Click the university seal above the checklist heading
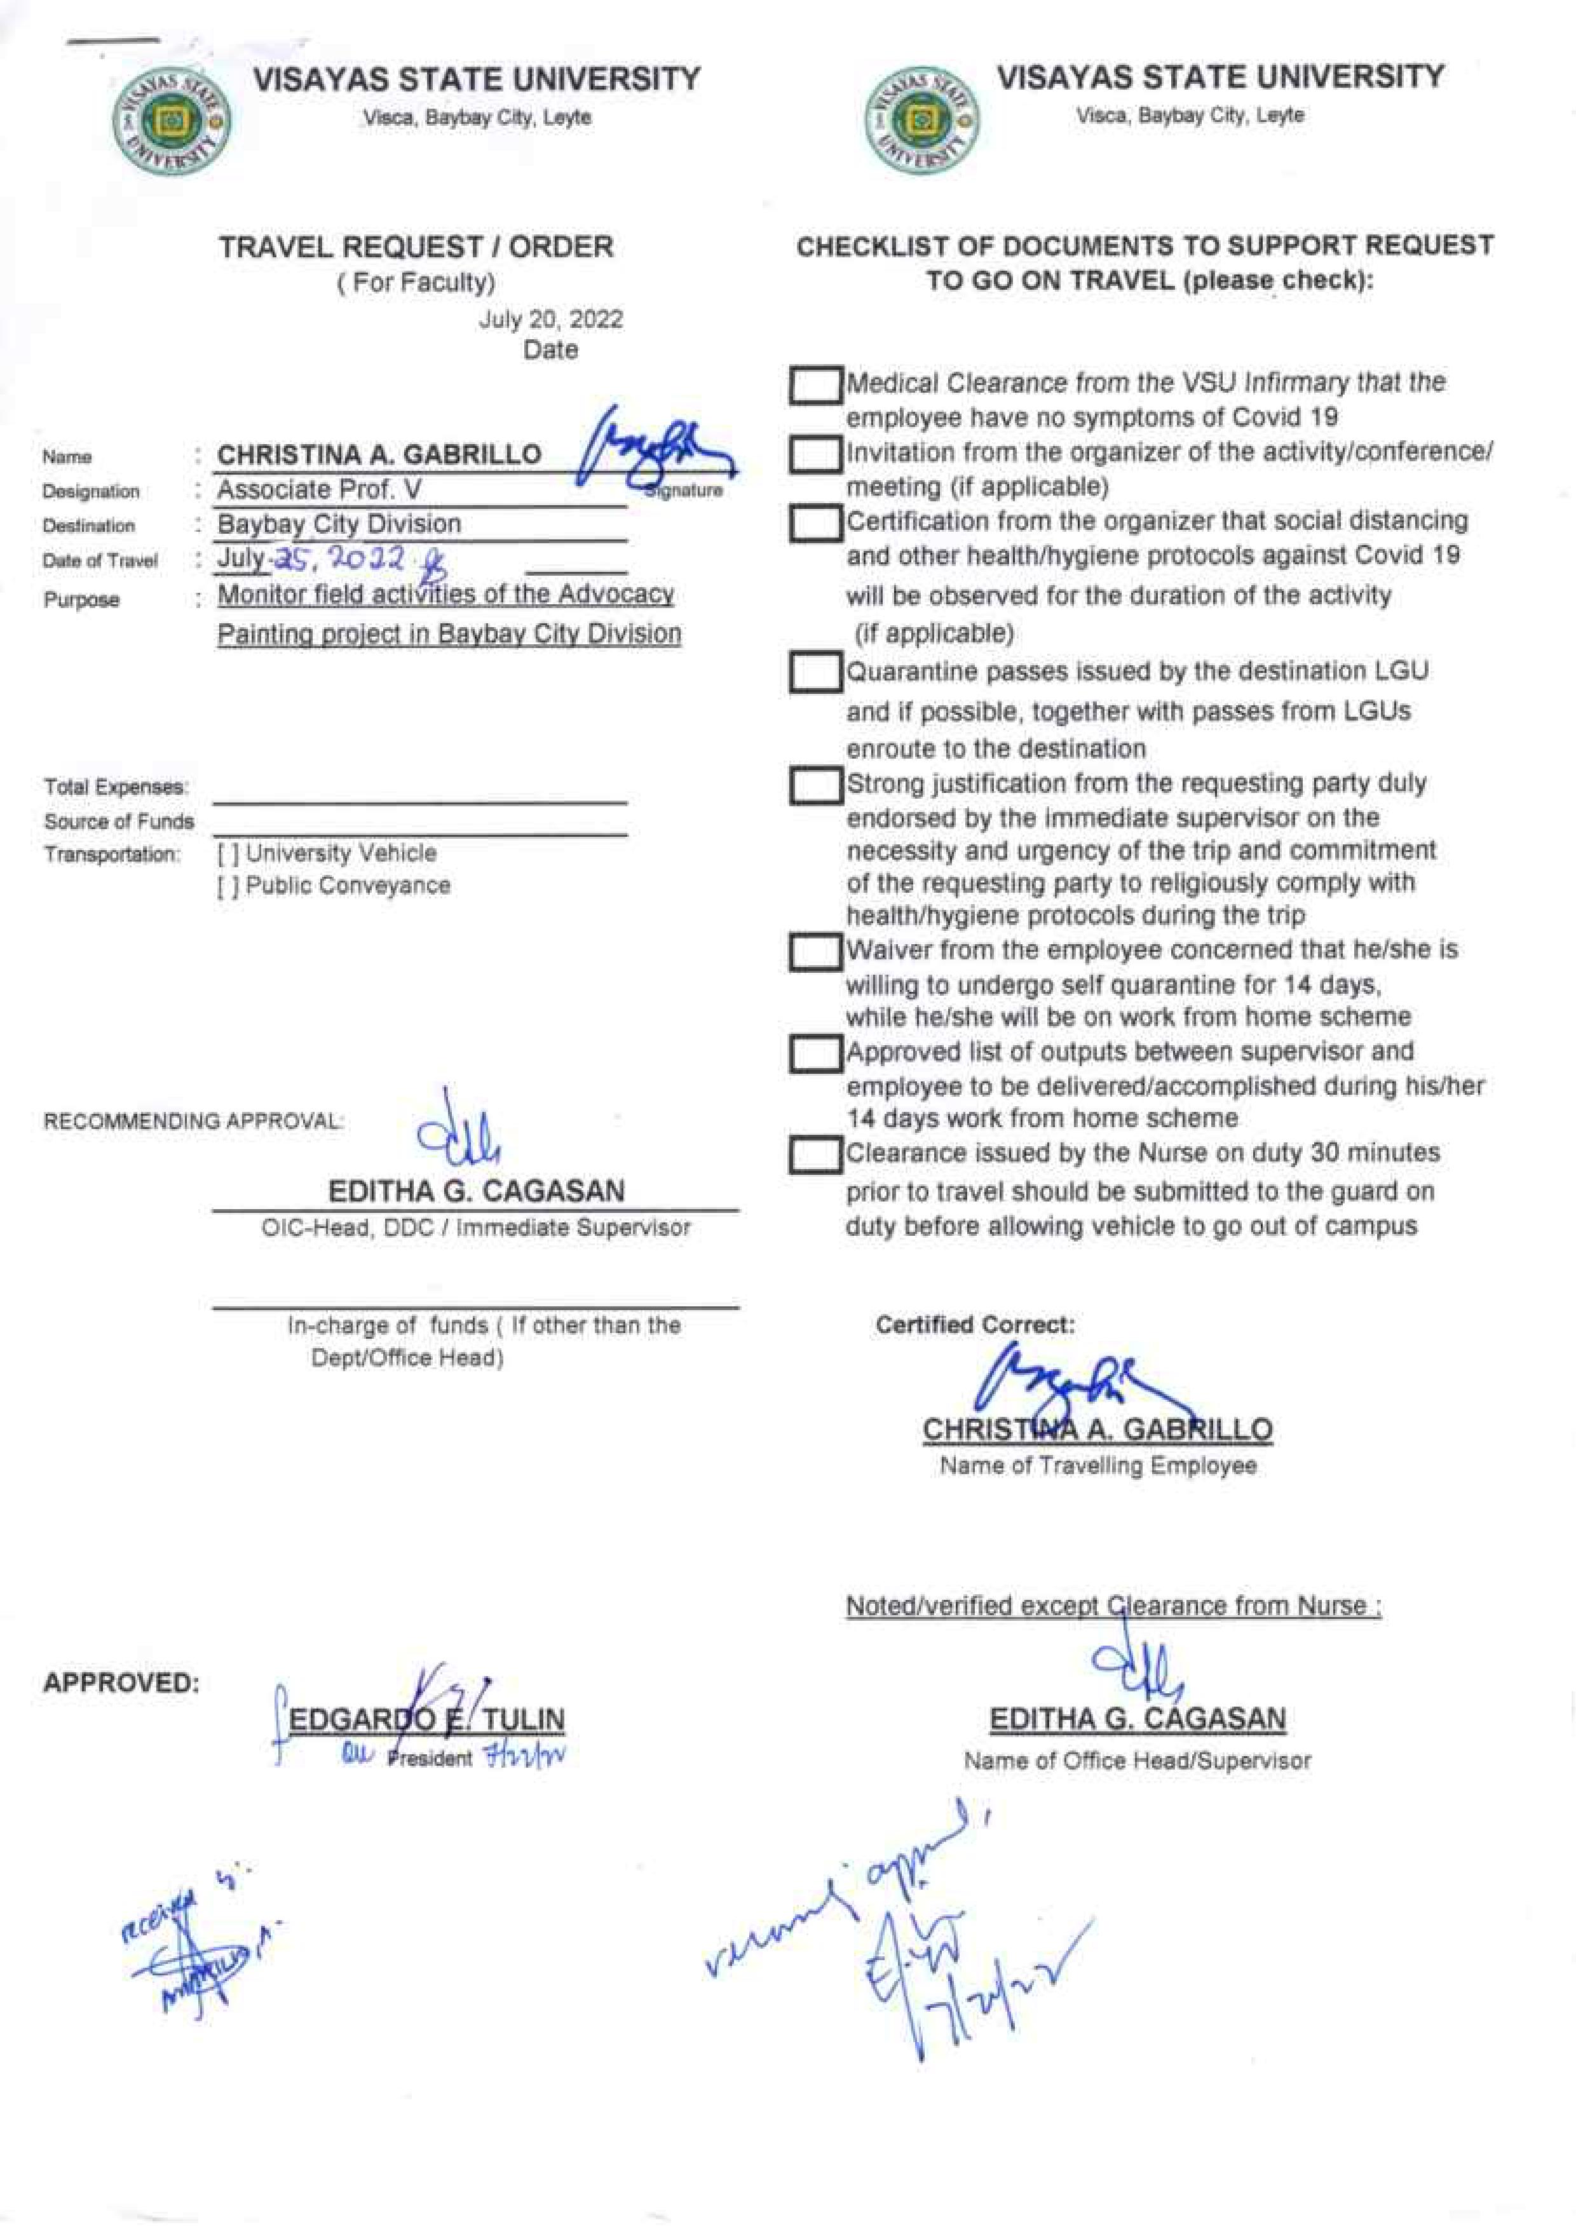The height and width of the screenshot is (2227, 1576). pyautogui.click(x=922, y=120)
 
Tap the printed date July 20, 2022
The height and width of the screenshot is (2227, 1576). pyautogui.click(x=550, y=319)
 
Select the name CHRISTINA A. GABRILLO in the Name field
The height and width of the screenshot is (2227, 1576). pyautogui.click(x=379, y=454)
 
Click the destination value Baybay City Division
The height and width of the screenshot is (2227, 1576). pyautogui.click(x=339, y=524)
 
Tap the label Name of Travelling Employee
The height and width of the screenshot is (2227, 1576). pyautogui.click(x=1097, y=1465)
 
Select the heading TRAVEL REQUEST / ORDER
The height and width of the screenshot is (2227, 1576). pyautogui.click(x=416, y=247)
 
